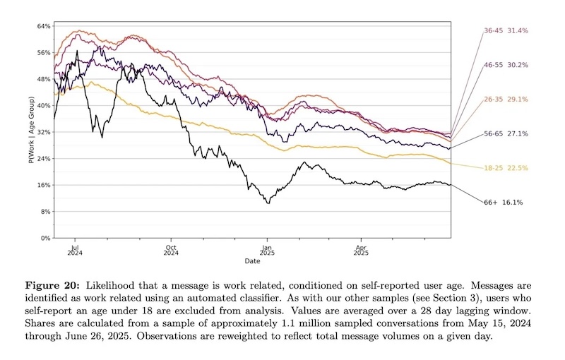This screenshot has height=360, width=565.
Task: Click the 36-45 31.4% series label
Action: click(506, 31)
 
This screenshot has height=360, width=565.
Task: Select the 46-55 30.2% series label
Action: click(506, 65)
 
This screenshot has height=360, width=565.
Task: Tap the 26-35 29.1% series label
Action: click(506, 100)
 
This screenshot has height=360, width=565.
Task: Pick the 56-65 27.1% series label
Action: click(506, 133)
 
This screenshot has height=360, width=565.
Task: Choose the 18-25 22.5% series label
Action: click(506, 168)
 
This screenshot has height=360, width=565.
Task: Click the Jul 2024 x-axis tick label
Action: click(76, 251)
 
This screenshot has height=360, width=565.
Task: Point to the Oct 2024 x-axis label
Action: click(172, 251)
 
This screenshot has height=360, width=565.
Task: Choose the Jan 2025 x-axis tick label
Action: click(267, 251)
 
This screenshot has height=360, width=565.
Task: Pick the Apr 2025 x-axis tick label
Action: click(361, 251)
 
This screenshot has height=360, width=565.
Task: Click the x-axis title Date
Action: click(252, 262)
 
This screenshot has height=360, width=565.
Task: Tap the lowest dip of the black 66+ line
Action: click(268, 203)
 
